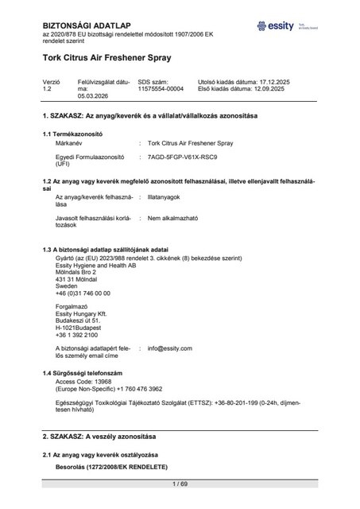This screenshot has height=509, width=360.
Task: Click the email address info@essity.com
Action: [170, 348]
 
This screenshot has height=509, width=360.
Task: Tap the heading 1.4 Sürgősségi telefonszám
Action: [83, 373]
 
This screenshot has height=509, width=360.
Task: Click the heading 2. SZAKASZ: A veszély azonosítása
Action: [99, 438]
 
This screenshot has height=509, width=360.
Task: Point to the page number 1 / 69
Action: [180, 484]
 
